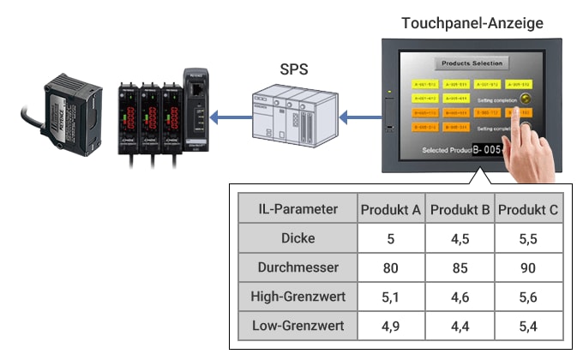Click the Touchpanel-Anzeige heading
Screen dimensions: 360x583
(472, 23)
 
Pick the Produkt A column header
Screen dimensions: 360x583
(391, 210)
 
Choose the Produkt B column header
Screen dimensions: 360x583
(460, 210)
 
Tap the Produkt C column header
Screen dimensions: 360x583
(528, 210)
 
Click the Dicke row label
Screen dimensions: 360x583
(298, 238)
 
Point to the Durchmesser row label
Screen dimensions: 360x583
(298, 267)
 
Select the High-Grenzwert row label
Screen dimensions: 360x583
(298, 297)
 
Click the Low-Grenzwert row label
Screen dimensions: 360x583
(298, 326)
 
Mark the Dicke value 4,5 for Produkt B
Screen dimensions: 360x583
(460, 238)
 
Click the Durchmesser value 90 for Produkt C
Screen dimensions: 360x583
(528, 267)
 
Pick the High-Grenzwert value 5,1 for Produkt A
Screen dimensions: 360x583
(391, 297)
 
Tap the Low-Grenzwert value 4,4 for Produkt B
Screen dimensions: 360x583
(460, 326)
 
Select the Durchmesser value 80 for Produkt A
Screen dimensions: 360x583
(391, 267)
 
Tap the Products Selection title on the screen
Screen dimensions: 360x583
(472, 63)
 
